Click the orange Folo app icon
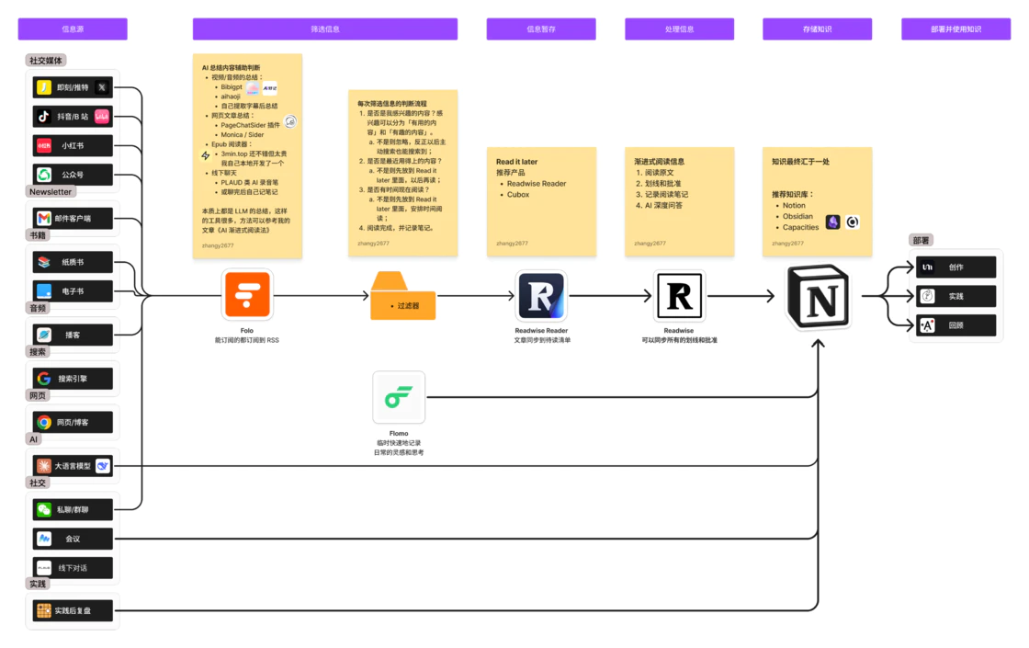tap(247, 295)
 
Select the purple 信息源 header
tap(73, 29)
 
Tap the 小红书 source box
tap(73, 145)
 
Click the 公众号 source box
tap(73, 175)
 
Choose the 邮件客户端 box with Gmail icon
tap(73, 219)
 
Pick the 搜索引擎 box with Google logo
tap(73, 379)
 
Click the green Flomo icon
tap(399, 397)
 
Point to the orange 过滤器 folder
tap(402, 297)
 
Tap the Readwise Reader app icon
tap(540, 295)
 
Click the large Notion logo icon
tap(818, 296)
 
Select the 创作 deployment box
tap(955, 267)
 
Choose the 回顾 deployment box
tap(955, 325)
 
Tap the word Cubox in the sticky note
tap(518, 195)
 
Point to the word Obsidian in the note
tap(797, 217)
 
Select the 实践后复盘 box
tap(73, 609)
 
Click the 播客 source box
tap(73, 335)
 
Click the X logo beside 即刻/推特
tap(102, 87)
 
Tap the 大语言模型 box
tap(73, 466)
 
